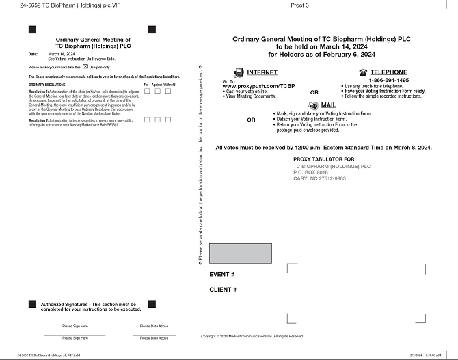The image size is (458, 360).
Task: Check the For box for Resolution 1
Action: tap(147, 91)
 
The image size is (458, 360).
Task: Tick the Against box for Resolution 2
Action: tap(157, 120)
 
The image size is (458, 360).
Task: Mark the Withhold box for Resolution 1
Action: tap(169, 91)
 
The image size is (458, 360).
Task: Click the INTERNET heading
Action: tap(262, 72)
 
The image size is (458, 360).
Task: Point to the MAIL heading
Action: tap(329, 105)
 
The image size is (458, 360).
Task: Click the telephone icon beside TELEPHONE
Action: tap(362, 72)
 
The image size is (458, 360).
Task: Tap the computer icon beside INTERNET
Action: tap(239, 72)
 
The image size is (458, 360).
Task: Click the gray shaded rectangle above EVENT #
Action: tap(234, 253)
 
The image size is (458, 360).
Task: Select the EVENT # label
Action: tap(221, 274)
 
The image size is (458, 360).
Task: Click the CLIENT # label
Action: tap(223, 290)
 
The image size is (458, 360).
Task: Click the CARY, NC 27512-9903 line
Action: tap(319, 178)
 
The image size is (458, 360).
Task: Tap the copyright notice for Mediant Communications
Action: tap(252, 336)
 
